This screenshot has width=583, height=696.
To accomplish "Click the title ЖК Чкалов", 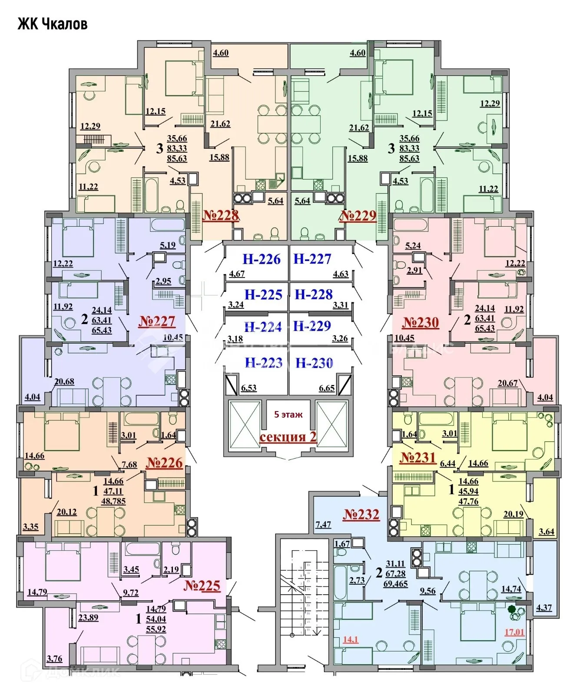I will tap(53, 24).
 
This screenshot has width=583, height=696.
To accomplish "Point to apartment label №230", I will tap(420, 322).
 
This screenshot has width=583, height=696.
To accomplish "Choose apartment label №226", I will tap(164, 462).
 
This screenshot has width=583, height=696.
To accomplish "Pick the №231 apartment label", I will tap(417, 457).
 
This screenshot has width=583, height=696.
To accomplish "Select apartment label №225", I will tap(202, 586).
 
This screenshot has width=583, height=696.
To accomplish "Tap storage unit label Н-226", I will tap(262, 259).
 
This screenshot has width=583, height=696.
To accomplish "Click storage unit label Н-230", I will tap(314, 363).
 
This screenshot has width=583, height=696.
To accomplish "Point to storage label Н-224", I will tap(263, 327).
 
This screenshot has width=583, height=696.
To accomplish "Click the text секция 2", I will tap(288, 437).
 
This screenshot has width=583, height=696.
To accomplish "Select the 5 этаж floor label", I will tap(288, 415).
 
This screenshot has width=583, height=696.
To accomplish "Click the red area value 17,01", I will tap(514, 632).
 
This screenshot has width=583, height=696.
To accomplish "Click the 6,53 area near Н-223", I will tap(248, 388).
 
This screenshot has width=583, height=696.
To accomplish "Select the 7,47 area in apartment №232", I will tap(323, 524).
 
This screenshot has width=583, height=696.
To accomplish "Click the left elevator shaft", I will tap(245, 425).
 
